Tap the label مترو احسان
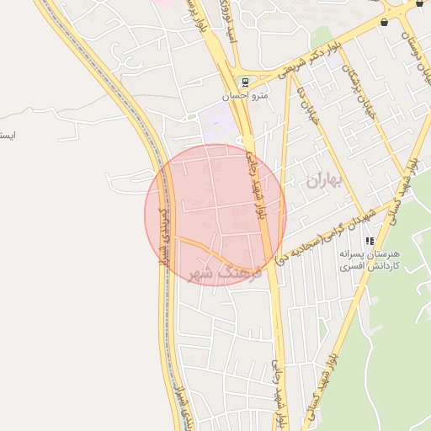(244, 97)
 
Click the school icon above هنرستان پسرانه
(369, 241)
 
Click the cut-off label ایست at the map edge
(8, 136)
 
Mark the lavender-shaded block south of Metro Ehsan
(216, 126)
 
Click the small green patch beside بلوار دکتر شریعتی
(320, 38)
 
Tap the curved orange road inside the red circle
(210, 252)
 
